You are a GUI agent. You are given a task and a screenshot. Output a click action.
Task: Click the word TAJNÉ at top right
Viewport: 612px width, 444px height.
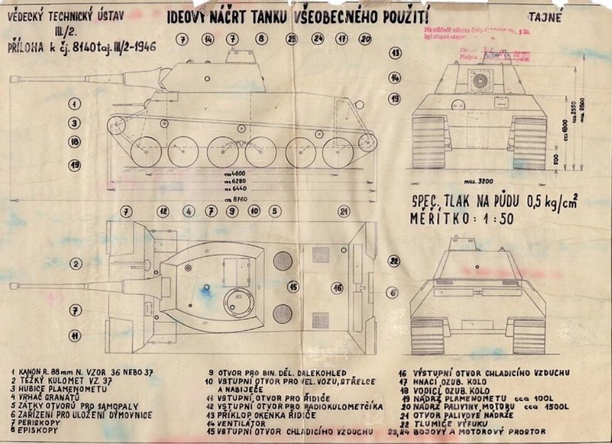click(x=545, y=18)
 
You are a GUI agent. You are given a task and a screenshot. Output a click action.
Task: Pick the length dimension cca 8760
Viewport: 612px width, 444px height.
click(x=236, y=199)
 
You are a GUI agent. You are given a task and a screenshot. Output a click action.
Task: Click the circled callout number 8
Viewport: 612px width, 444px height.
click(x=261, y=39)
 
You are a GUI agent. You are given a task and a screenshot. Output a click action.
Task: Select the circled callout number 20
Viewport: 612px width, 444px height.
click(x=365, y=39)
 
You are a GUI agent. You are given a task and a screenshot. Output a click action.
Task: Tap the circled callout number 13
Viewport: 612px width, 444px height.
click(x=396, y=53)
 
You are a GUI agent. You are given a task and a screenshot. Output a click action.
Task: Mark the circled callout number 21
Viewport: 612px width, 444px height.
click(x=343, y=211)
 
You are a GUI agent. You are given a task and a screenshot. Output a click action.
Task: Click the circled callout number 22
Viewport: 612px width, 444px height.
click(x=394, y=260)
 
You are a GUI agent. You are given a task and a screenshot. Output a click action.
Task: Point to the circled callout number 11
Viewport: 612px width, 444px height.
click(x=75, y=336)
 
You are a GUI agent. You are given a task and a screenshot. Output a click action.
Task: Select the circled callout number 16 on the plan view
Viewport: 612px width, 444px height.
click(x=338, y=287)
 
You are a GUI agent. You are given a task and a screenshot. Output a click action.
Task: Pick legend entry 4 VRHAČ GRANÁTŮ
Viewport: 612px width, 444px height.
click(x=46, y=397)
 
